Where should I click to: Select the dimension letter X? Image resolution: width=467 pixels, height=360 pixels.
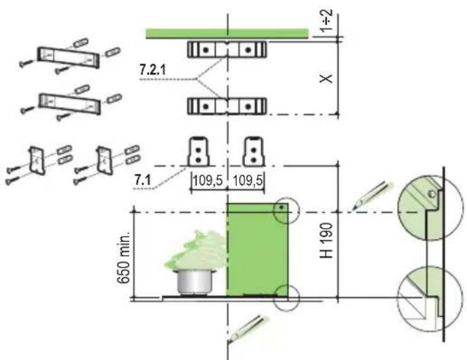tap(328, 78)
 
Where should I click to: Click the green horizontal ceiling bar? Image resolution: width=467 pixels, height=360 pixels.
tap(227, 33)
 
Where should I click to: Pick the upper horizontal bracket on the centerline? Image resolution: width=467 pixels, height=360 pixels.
tap(227, 49)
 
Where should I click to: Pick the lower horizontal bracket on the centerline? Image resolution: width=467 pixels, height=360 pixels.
tap(227, 106)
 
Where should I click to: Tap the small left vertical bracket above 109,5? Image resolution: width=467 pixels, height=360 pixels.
tap(197, 150)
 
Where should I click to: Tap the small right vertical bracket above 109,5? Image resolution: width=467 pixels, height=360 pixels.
tap(253, 150)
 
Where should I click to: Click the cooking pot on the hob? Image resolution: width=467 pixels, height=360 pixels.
tap(195, 280)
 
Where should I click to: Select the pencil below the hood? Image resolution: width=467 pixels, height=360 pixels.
tap(246, 328)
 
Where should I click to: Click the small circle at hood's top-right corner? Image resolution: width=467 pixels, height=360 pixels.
tap(285, 210)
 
